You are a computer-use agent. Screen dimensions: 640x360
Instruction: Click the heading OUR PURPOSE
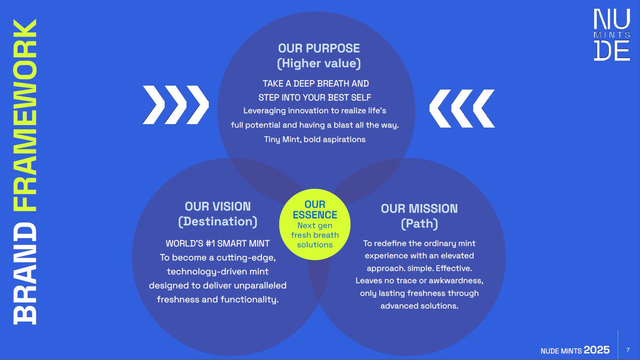[x=319, y=48]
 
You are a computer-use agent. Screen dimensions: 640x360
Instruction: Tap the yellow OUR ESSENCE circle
[x=315, y=225]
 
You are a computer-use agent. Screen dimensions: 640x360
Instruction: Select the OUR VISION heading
[x=218, y=207]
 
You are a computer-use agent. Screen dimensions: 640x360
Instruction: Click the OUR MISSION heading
[x=419, y=209]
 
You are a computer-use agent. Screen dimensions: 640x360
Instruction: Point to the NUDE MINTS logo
[x=612, y=35]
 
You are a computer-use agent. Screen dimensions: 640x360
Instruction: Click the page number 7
[x=628, y=350]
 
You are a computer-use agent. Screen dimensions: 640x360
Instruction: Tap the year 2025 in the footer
[x=597, y=350]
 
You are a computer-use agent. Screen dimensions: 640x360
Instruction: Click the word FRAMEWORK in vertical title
[x=25, y=116]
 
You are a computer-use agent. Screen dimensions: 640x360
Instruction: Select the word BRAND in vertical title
[x=25, y=273]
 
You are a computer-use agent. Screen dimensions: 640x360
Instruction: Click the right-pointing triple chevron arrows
[x=176, y=105]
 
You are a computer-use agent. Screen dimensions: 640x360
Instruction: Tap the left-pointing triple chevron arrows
[x=462, y=108]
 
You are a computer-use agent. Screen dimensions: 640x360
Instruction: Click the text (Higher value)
[x=319, y=63]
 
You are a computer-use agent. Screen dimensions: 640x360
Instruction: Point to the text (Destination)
[x=218, y=222]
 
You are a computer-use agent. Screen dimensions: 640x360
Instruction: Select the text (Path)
[x=419, y=224]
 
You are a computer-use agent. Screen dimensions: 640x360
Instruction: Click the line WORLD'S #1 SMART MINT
[x=218, y=243]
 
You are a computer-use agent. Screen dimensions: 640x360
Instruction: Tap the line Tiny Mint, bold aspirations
[x=315, y=139]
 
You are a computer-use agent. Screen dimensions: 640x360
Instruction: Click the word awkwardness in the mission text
[x=456, y=280]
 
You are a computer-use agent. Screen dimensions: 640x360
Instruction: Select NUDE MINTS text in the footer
[x=561, y=351]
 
